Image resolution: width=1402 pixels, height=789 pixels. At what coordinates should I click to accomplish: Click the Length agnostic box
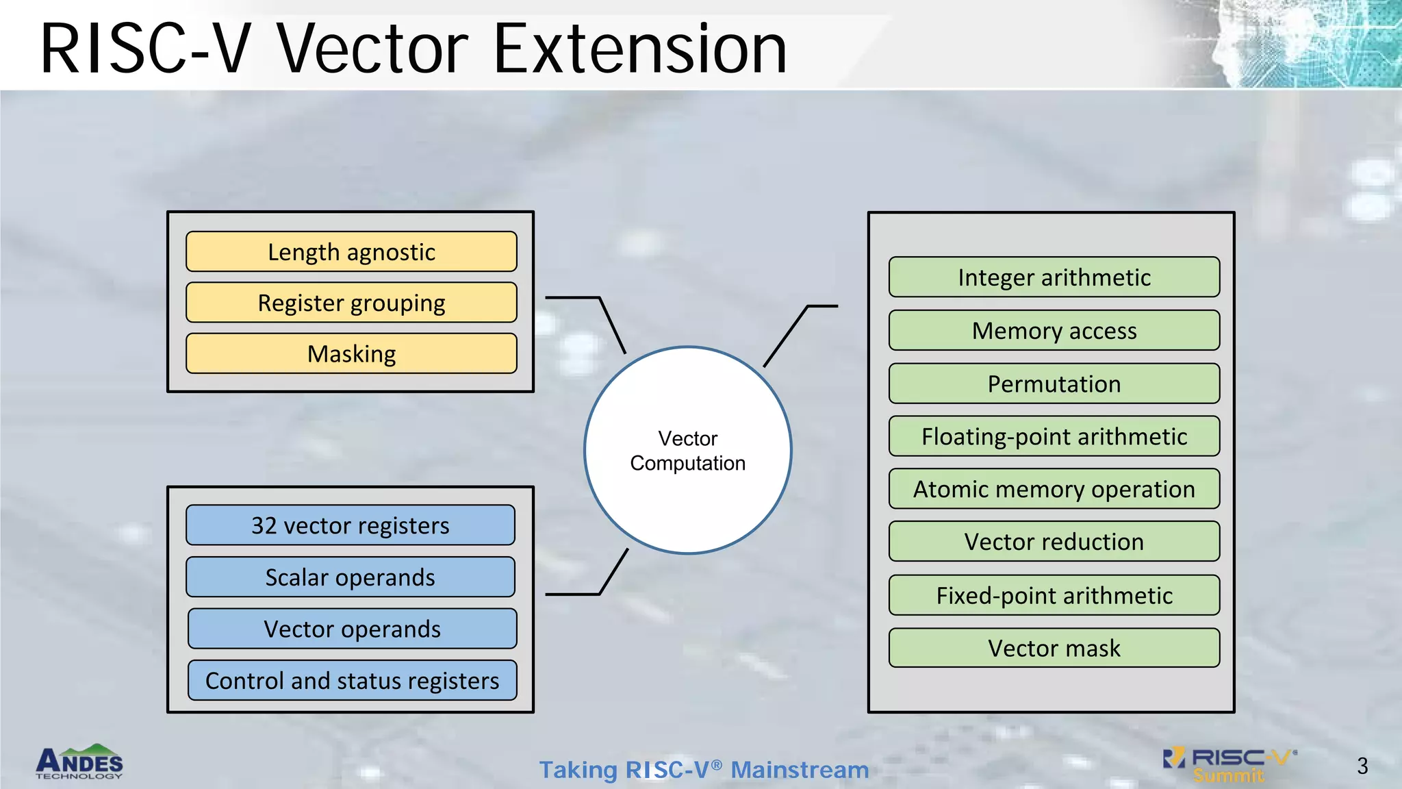[x=351, y=252]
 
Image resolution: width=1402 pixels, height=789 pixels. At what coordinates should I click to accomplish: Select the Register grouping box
[x=351, y=303]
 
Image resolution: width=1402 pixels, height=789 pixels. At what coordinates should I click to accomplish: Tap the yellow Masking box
[x=351, y=353]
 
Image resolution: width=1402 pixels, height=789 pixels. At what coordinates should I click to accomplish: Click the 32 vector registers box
[x=350, y=525]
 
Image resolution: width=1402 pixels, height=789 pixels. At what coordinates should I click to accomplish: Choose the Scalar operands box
[x=350, y=577]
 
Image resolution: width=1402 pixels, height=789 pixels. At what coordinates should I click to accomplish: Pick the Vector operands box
[x=352, y=629]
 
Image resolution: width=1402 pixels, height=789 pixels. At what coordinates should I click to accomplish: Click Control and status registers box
[x=352, y=681]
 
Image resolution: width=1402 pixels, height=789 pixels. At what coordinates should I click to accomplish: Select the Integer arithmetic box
[x=1054, y=277]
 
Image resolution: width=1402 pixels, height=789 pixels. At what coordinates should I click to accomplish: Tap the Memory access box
[x=1054, y=331]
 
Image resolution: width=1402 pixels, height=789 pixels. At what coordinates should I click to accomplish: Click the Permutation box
[x=1054, y=384]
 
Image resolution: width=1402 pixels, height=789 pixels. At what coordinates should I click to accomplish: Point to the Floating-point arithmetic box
[x=1054, y=436]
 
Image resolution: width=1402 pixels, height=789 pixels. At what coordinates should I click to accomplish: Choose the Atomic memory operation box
[x=1054, y=489]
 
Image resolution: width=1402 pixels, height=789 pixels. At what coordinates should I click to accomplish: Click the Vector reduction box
[x=1054, y=542]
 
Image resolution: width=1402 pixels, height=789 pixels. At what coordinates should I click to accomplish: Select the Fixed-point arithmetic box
[x=1054, y=595]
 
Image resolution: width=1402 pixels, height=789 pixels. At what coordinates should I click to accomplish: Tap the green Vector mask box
[x=1054, y=648]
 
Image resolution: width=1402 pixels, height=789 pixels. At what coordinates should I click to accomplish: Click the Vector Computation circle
[x=688, y=450]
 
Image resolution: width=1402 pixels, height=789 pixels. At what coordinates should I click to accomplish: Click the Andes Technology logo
[x=79, y=762]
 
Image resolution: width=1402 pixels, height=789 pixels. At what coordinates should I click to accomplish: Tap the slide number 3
[x=1362, y=766]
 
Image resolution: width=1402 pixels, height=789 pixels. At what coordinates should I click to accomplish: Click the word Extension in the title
[x=640, y=49]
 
